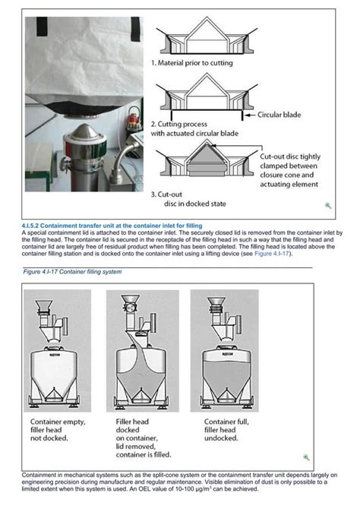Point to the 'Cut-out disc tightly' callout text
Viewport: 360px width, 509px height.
point(292,154)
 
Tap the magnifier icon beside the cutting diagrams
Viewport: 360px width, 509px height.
point(328,205)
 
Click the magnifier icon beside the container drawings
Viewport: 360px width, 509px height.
point(306,457)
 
